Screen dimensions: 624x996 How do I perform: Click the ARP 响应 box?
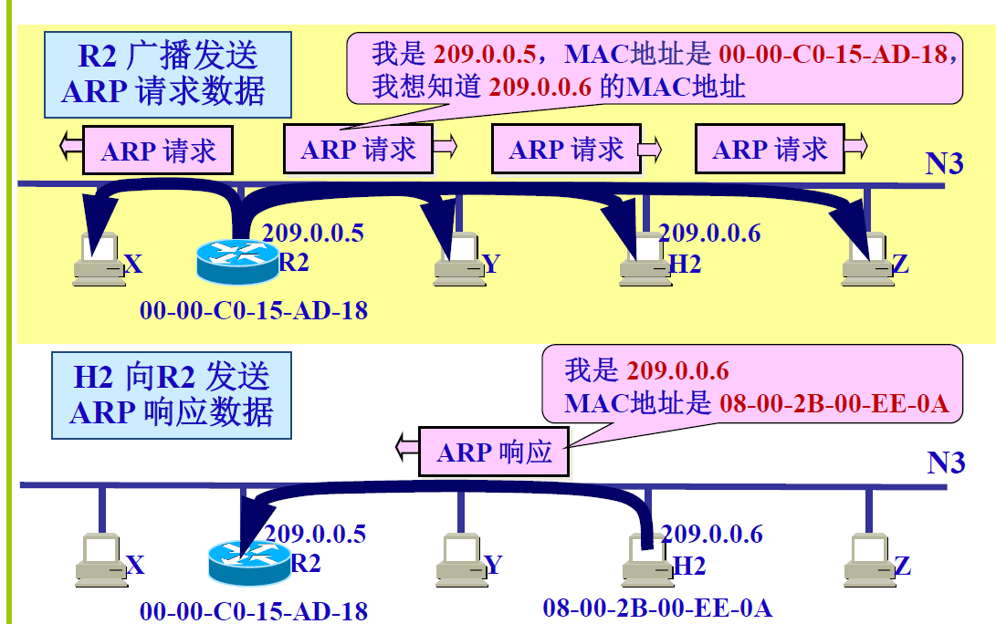tap(493, 451)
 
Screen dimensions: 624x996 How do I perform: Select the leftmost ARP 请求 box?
tap(158, 150)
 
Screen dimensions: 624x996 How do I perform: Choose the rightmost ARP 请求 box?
tap(769, 149)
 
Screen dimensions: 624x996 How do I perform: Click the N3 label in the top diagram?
tap(945, 164)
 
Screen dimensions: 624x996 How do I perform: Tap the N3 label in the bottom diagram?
tap(946, 463)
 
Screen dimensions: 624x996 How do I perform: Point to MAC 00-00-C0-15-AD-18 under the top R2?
tap(254, 310)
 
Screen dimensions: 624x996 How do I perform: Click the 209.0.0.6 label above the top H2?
tap(709, 234)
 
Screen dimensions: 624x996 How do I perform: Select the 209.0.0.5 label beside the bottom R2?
tap(315, 534)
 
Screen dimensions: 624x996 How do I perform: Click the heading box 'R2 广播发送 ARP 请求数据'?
tap(168, 75)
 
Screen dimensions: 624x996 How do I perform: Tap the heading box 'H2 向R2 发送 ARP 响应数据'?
tap(173, 394)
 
